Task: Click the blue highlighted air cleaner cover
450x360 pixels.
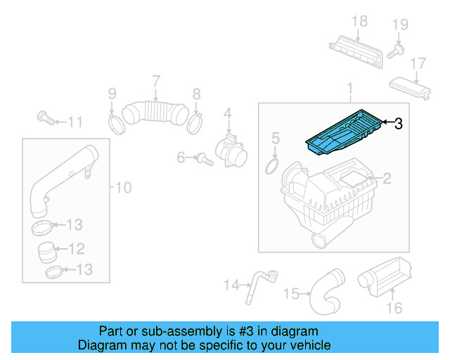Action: click(x=342, y=134)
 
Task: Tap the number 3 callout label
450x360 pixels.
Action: click(x=398, y=124)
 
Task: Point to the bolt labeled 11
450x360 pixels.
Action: click(x=46, y=118)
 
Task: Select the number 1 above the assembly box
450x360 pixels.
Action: click(x=349, y=89)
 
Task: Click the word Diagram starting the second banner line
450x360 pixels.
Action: click(x=101, y=345)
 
